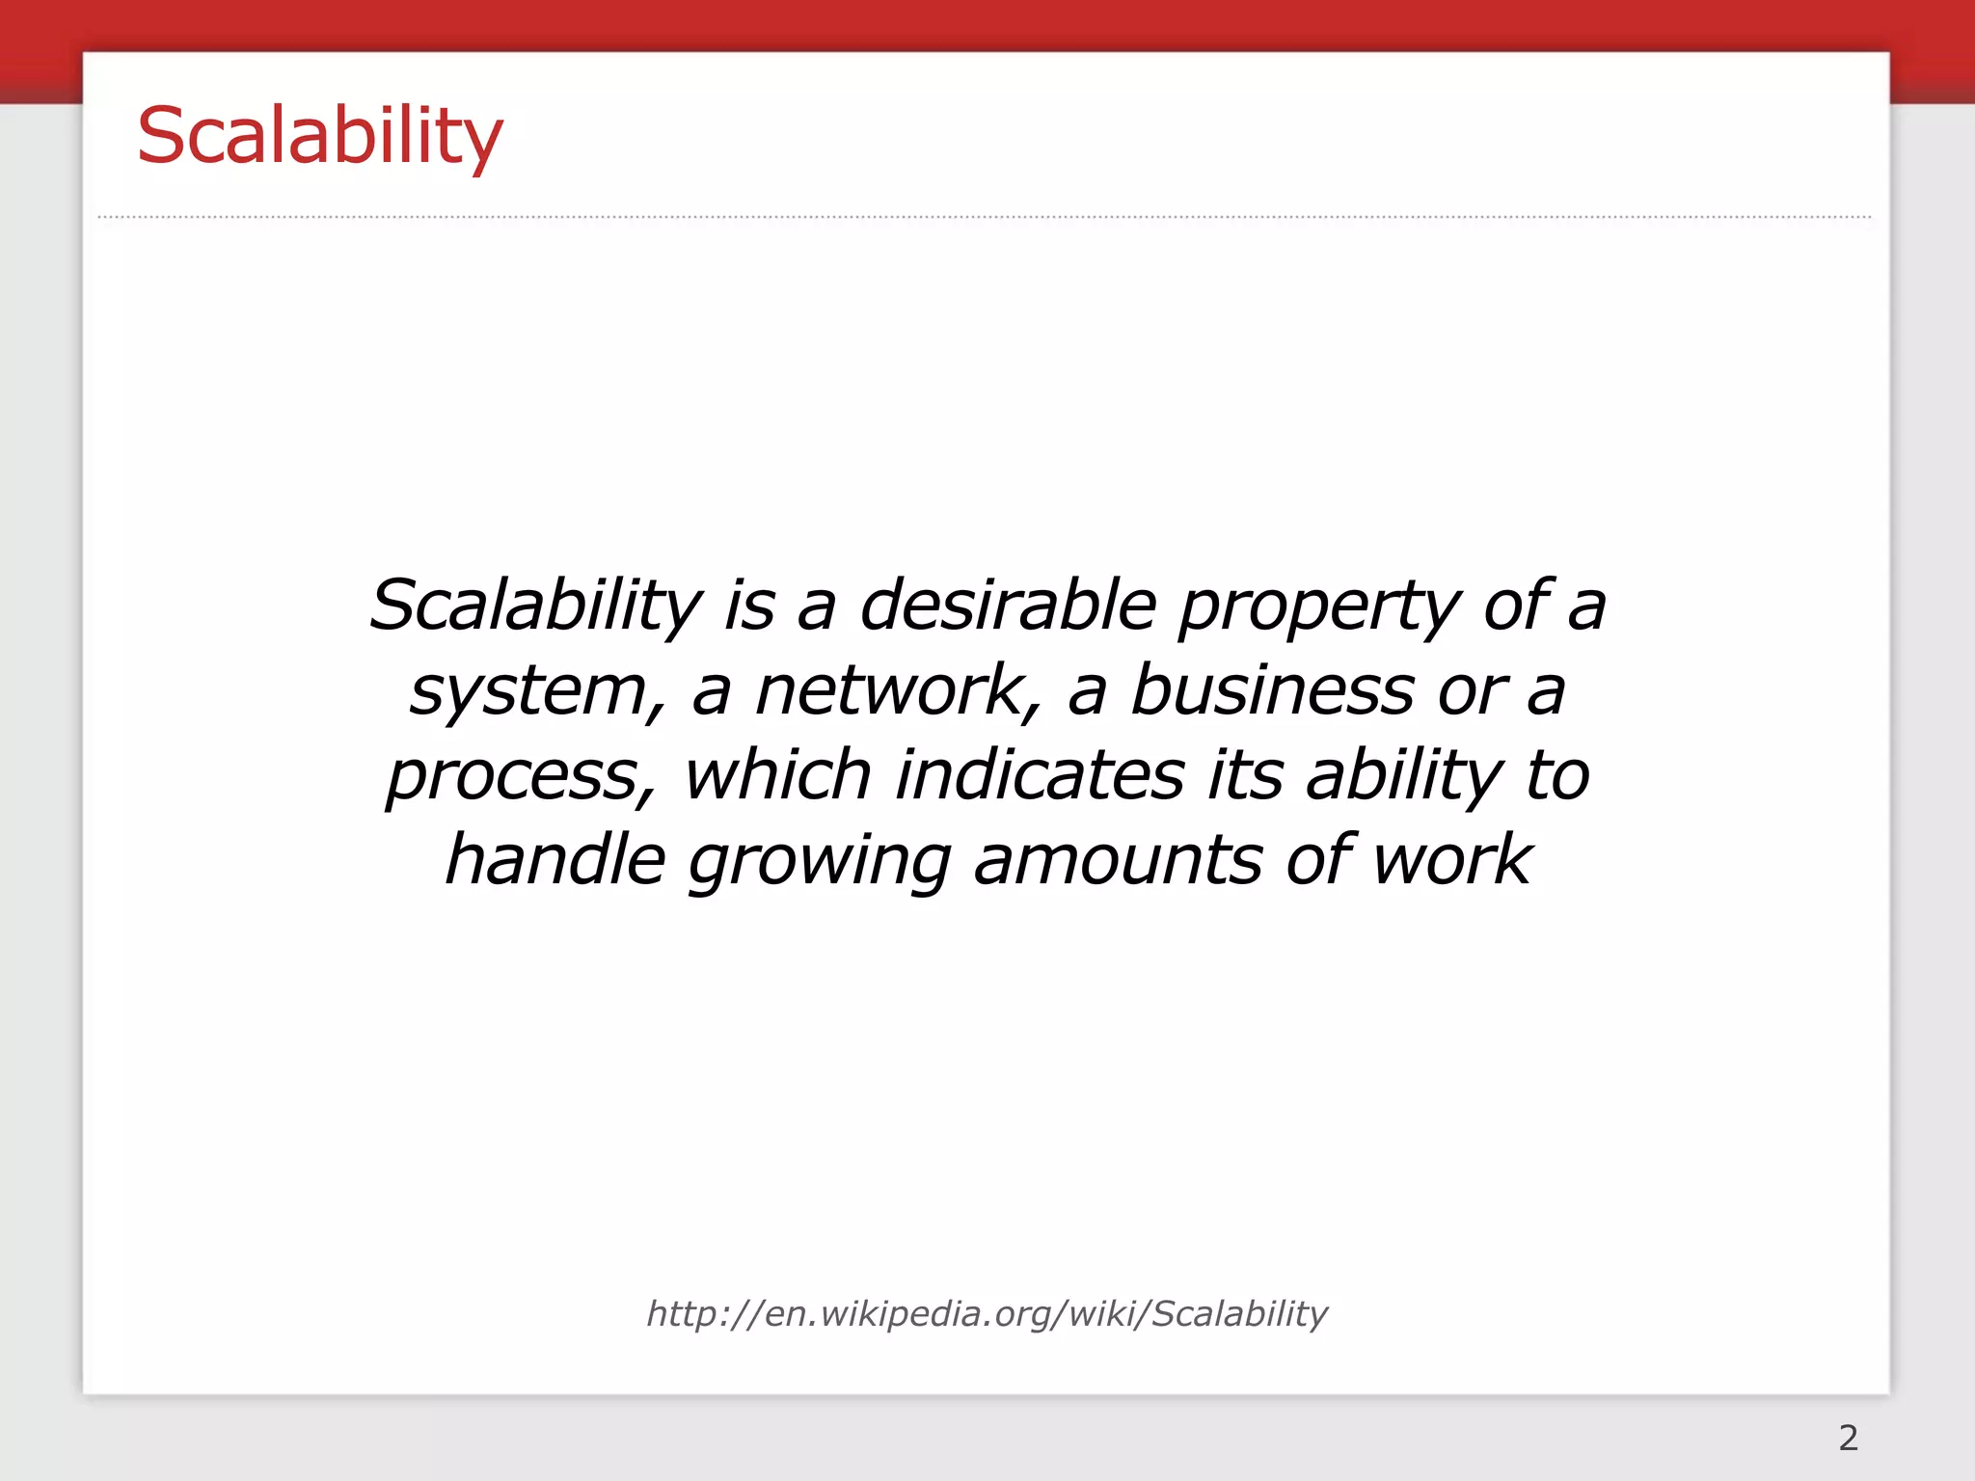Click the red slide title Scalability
tap(319, 137)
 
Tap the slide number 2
tap(1848, 1438)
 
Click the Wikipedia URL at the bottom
tap(987, 1313)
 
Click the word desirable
tap(1007, 606)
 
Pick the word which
tap(777, 775)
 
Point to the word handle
tap(555, 860)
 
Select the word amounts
tap(1117, 861)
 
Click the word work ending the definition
tap(1451, 860)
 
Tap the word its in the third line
tap(1245, 775)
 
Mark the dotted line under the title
tap(984, 218)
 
